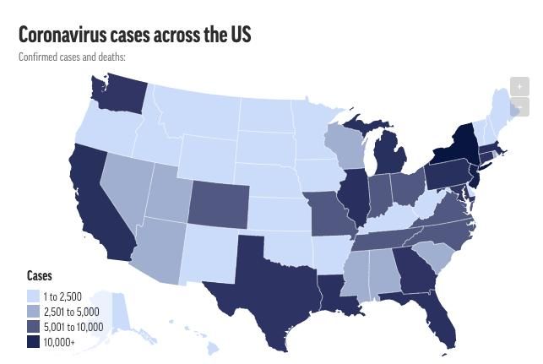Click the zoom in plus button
tap(519, 87)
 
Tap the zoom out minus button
tap(519, 107)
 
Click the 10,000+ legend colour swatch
tap(33, 342)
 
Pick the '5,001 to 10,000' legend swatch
tap(33, 327)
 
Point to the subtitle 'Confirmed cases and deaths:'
tap(72, 57)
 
